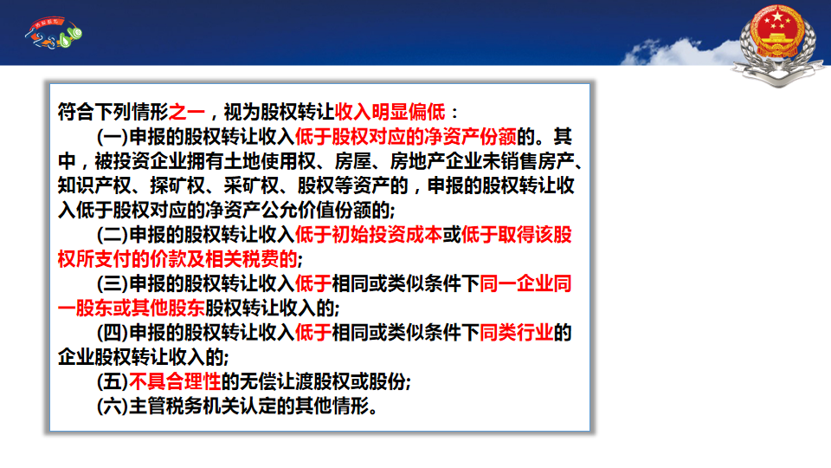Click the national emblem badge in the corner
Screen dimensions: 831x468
778,44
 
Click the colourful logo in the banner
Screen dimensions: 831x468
54,33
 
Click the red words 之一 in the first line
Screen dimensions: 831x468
187,112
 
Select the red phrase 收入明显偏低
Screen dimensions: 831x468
390,112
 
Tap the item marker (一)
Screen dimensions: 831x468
113,137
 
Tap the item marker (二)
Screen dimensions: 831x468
113,235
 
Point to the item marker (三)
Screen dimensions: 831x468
113,284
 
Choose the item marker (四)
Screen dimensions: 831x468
113,333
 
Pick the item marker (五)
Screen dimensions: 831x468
113,381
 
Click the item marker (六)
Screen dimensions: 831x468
113,406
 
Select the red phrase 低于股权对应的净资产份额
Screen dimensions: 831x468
405,137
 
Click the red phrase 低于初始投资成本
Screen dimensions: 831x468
369,235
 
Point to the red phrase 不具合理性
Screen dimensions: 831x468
175,381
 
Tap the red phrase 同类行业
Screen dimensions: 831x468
516,333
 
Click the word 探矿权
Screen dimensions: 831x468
177,185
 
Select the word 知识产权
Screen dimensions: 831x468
94,185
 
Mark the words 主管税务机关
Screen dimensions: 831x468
184,406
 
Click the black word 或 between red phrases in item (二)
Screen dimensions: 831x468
452,235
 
